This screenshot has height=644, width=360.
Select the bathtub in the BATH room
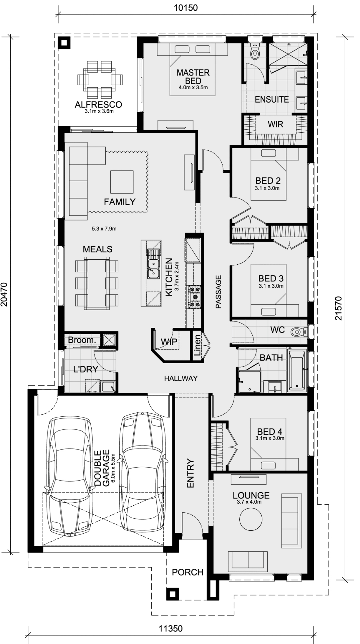[297, 370]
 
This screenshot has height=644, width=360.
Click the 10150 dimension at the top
[186, 7]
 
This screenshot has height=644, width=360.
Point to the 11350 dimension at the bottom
[170, 629]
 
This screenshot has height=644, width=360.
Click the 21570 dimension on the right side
[339, 308]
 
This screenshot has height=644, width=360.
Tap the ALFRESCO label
[99, 105]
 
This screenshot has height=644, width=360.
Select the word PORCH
[188, 572]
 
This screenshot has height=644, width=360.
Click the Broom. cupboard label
[82, 340]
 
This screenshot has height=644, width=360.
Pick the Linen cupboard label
[198, 346]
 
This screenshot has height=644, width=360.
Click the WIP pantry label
[169, 342]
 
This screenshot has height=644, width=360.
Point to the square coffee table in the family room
[122, 181]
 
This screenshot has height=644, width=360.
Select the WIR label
[275, 124]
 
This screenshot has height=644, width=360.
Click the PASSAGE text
[218, 291]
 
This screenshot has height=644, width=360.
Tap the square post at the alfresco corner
[64, 43]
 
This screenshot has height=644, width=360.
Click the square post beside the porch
[172, 594]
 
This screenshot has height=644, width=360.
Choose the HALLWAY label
[181, 378]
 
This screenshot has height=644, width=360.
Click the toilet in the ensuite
[255, 52]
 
